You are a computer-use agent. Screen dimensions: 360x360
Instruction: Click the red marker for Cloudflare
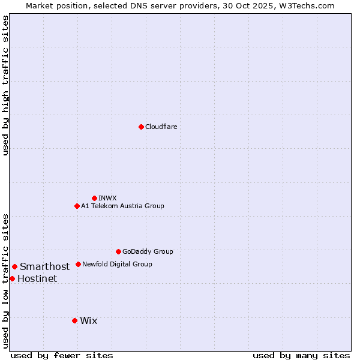141,127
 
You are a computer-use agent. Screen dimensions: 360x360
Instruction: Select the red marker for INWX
94,198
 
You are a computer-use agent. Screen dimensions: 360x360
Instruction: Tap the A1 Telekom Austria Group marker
77,206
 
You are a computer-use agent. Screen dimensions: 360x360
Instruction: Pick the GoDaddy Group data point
118,251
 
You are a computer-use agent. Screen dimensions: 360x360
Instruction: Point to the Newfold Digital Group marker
78,264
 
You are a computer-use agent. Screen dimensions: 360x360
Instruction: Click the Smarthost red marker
14,266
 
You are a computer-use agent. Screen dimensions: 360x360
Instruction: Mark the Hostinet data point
12,278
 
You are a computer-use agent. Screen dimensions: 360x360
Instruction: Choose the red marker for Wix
74,320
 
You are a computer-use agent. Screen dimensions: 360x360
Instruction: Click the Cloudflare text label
161,127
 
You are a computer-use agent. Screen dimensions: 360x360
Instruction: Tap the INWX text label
107,198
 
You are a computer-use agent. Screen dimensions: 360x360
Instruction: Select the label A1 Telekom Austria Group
122,206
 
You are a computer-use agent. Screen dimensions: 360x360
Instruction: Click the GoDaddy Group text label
148,251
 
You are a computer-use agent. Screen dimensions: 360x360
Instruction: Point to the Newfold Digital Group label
117,264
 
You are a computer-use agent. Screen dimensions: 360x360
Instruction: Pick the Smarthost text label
44,266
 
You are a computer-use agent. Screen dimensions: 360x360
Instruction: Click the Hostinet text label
37,278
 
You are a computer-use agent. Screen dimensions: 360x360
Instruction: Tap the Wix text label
88,320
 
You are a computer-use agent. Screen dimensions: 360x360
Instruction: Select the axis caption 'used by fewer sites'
62,355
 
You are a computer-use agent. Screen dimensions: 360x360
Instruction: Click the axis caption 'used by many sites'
301,355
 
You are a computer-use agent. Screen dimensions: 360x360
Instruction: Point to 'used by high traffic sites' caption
5,85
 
